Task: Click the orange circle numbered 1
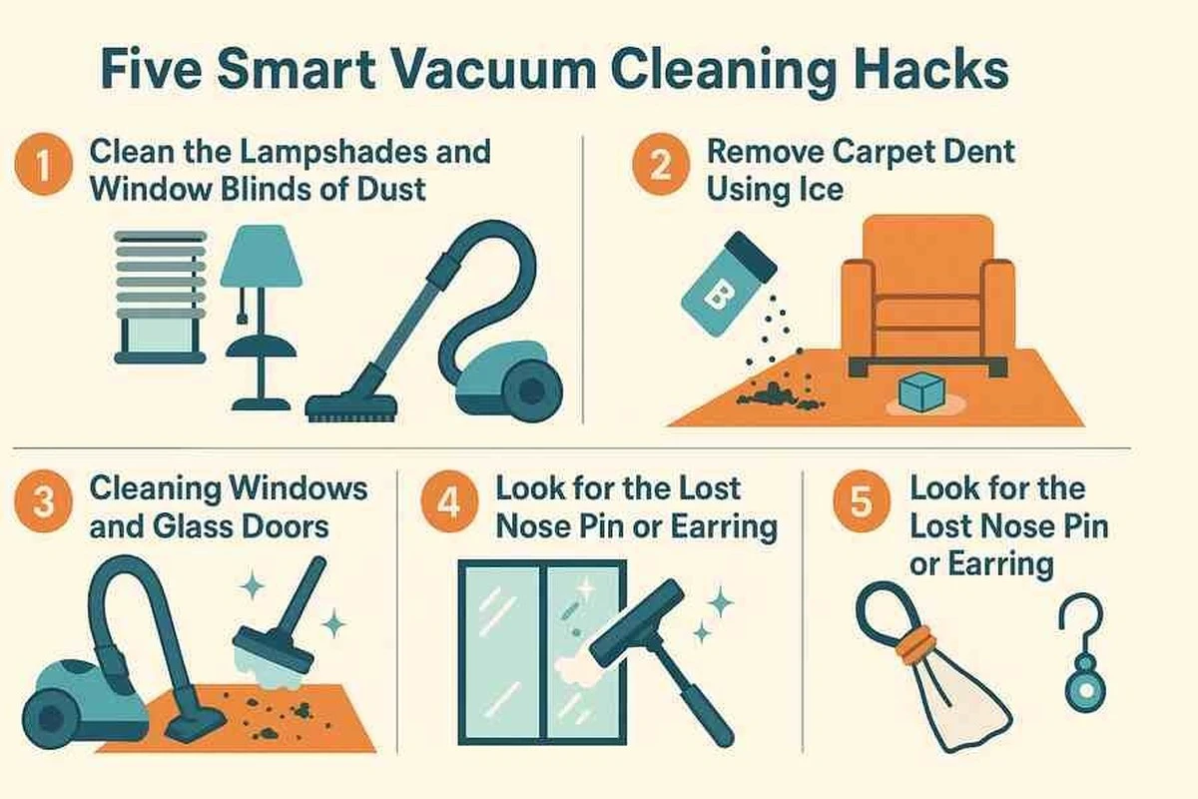tap(43, 164)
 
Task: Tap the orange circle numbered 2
tap(661, 164)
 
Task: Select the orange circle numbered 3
tap(43, 501)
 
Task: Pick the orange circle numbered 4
tap(449, 501)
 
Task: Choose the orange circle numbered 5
tap(862, 501)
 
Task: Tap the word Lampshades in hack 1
tap(333, 152)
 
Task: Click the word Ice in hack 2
tap(821, 190)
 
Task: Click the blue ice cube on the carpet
tap(920, 393)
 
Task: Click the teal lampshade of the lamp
tap(262, 256)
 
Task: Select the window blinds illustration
tap(161, 298)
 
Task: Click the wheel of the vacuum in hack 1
tap(533, 393)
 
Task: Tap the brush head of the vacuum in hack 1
tap(351, 407)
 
